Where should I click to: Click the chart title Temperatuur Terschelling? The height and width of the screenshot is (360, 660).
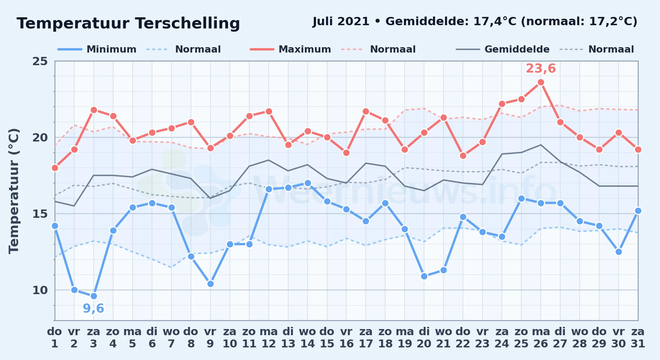coord(128,23)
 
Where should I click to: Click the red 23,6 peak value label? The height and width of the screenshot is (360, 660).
coord(541,68)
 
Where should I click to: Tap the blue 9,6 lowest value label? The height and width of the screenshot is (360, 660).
coord(93,309)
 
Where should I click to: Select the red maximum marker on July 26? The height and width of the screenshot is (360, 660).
coord(541,82)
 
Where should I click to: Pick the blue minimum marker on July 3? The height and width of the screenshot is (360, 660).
coord(94,296)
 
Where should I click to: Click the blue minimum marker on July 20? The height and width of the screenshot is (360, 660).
coord(424,276)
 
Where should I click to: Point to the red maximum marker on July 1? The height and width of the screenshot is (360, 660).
coord(55,168)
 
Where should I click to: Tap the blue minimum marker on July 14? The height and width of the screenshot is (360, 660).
coord(308,183)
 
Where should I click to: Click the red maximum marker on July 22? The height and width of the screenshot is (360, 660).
coord(463,156)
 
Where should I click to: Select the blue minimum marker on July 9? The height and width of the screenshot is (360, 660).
coord(210,284)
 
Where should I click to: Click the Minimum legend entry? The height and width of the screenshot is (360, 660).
coord(97,49)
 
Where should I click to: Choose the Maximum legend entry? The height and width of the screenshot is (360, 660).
coord(290,49)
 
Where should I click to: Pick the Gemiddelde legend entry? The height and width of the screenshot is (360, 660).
coord(503,49)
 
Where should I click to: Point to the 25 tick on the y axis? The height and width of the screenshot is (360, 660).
coord(40,61)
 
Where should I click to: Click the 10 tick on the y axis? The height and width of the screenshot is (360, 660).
coord(40,290)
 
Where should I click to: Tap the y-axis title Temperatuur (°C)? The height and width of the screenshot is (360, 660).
coord(14,191)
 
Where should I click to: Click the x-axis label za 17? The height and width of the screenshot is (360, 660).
coord(366,338)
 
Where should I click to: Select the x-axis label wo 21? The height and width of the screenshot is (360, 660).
coord(443,338)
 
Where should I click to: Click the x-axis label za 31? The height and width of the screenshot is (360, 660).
coord(638,338)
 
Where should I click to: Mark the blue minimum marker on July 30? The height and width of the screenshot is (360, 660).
coord(619,252)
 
